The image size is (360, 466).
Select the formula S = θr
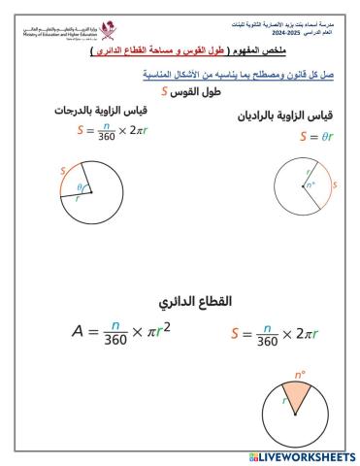pos(316,136)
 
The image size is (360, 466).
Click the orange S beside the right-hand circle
pos(334,183)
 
